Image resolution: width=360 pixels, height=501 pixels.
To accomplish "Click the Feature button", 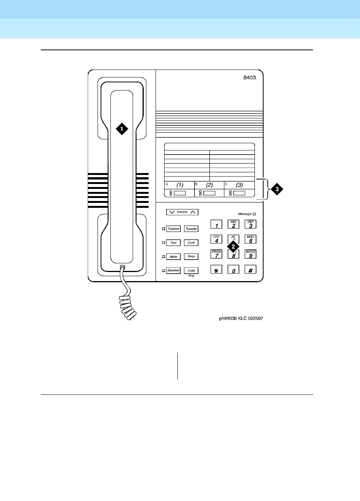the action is coord(174,229).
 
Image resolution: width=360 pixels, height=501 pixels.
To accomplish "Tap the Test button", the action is coord(174,243).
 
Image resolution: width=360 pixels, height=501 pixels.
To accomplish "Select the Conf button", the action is coord(191,243).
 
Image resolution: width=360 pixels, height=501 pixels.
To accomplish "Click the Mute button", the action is coord(174,257).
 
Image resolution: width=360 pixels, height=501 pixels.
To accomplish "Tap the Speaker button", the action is coord(174,271).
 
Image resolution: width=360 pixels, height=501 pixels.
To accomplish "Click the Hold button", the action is coord(191,271).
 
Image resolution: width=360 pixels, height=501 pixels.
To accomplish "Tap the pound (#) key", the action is coord(250,270).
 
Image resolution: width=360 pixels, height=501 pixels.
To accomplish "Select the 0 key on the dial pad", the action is coord(233,270).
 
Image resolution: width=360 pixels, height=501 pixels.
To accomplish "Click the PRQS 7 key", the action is coord(216,254).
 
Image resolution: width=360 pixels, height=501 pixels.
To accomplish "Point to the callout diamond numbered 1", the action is coord(121,129).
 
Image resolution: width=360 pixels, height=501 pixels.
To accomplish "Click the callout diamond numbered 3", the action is coord(277,189).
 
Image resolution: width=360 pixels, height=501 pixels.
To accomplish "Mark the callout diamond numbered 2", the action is coord(233,246).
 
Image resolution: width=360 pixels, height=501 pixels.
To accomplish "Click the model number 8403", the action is coord(249,78).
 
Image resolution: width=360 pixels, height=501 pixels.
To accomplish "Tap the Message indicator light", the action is coord(254,214).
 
